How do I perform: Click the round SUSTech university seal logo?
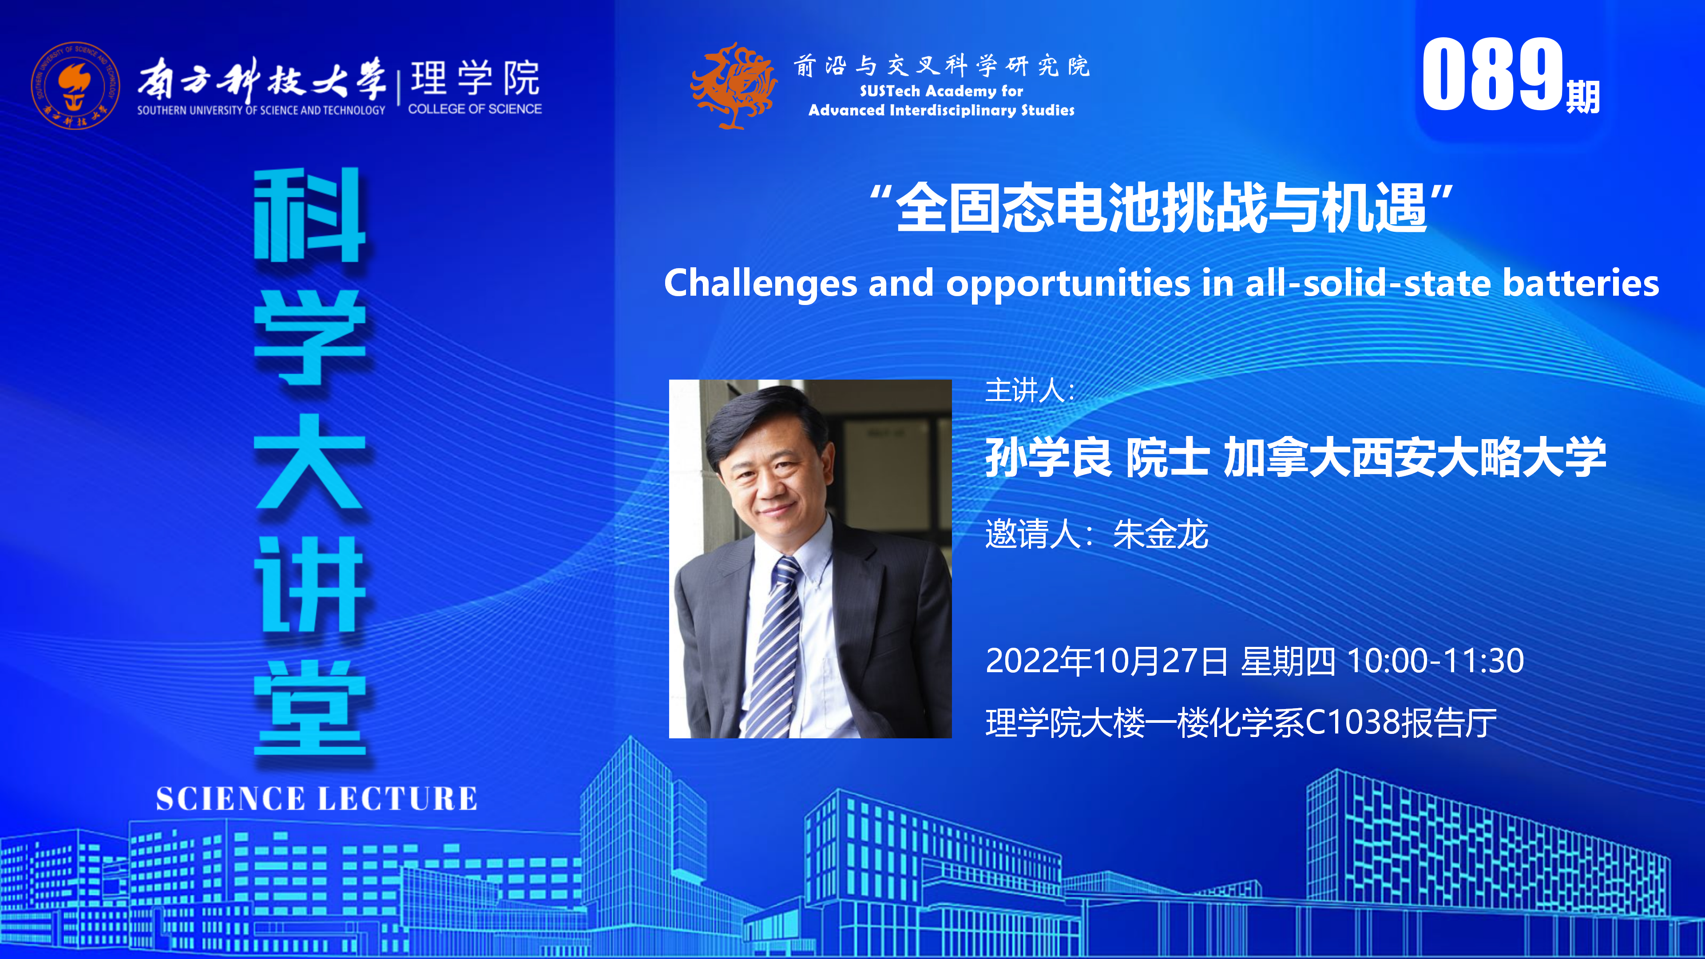[75, 85]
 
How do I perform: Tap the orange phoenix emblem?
[734, 85]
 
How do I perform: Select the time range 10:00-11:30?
[1435, 661]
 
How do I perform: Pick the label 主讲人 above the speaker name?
[1025, 391]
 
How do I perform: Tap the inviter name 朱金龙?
[1160, 534]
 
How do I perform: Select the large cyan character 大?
[310, 461]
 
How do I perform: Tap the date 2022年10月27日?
[1106, 661]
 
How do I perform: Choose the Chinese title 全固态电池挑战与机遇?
[1161, 208]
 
